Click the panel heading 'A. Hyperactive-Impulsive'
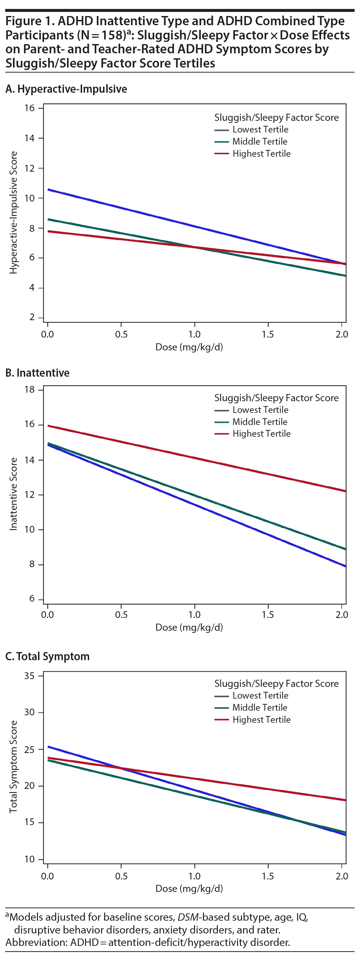tap(66, 89)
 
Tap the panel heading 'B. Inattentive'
tap(37, 373)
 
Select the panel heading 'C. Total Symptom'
tap(47, 656)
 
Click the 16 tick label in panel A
tap(29, 108)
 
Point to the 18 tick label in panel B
tap(29, 389)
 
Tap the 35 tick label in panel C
tap(29, 676)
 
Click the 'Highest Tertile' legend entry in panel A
tap(261, 154)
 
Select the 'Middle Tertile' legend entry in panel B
tap(259, 422)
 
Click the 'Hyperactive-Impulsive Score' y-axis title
tap(14, 212)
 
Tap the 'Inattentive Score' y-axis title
tap(14, 494)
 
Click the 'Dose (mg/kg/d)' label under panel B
tap(189, 628)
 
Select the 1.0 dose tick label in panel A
tap(194, 334)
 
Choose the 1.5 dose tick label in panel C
tap(267, 876)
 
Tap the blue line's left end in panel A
tap(48, 190)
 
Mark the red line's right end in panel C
tap(345, 800)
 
